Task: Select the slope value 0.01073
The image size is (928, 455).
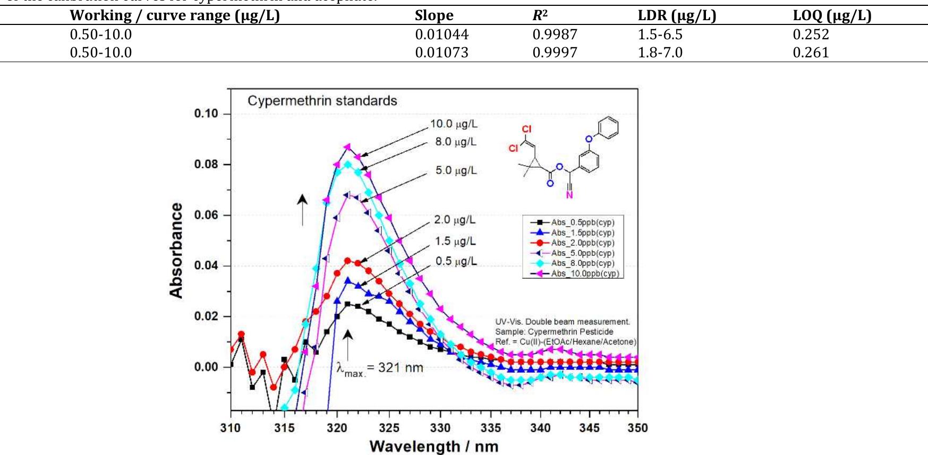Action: click(x=441, y=53)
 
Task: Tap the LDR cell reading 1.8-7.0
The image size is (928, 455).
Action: click(x=660, y=53)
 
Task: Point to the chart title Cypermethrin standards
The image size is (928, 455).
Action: click(x=322, y=101)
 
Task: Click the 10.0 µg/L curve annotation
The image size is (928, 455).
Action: click(x=454, y=124)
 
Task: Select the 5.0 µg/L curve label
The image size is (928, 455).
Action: click(x=456, y=170)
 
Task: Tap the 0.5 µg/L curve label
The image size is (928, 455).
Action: click(x=456, y=261)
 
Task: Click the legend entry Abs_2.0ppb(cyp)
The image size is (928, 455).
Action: click(x=582, y=243)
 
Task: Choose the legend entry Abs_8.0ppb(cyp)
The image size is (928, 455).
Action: click(x=582, y=263)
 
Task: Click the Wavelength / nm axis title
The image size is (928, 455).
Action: click(x=433, y=446)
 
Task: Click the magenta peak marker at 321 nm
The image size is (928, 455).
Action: click(x=347, y=147)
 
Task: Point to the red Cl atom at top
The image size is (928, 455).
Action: click(x=526, y=129)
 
